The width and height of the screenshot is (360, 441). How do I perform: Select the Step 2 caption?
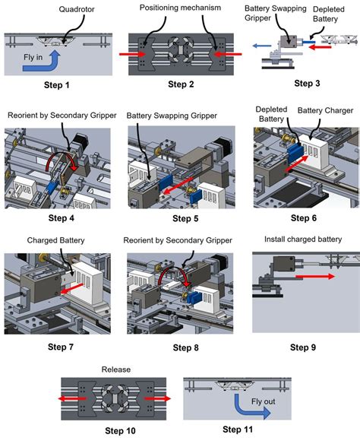180,86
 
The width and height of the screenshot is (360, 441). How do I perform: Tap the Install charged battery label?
302,240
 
